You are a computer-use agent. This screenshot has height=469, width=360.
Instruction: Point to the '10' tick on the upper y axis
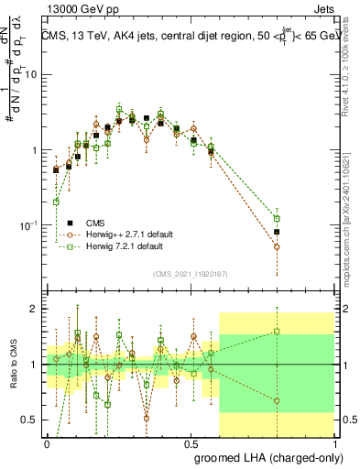(x=34, y=75)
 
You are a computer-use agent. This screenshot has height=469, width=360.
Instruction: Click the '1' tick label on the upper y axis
(x=37, y=150)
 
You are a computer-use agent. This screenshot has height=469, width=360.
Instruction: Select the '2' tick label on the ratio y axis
(x=37, y=309)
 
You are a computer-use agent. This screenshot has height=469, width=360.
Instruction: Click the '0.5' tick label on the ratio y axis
(x=32, y=420)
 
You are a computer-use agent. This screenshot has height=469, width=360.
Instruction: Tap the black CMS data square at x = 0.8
(x=276, y=232)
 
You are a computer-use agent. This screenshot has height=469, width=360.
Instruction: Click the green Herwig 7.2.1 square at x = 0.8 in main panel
(x=276, y=219)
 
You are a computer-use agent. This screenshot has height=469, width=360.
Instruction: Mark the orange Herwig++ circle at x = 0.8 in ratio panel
(x=276, y=399)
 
